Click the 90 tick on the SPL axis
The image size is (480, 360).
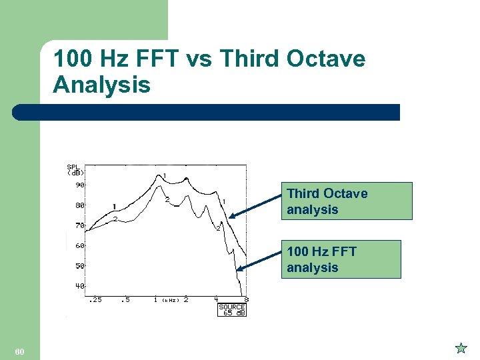[x=79, y=185]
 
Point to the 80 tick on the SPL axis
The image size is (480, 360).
[x=79, y=205]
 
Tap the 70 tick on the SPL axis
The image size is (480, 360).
[x=79, y=225]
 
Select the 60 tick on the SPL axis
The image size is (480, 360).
[x=79, y=245]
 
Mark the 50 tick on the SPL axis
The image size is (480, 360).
[x=79, y=266]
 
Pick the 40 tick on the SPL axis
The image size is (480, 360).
[x=79, y=286]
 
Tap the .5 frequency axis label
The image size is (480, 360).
[x=125, y=300]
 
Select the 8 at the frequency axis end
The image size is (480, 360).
[x=246, y=300]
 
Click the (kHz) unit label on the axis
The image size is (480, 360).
[x=171, y=301]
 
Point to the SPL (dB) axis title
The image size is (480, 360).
[x=75, y=169]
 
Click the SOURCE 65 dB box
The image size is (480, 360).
[x=232, y=310]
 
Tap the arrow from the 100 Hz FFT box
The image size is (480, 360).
[x=259, y=260]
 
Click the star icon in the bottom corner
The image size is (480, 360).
[x=461, y=347]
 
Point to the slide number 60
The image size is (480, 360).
[x=19, y=351]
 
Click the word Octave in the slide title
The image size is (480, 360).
[x=325, y=59]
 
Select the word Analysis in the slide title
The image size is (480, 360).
[x=101, y=85]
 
